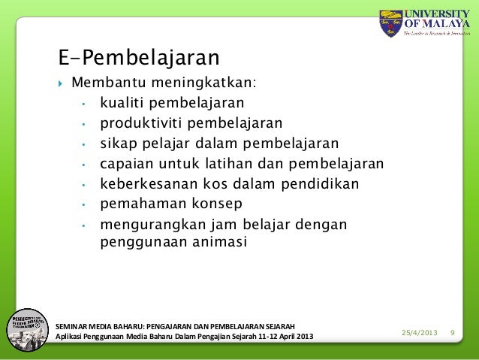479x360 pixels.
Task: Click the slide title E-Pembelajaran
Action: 138,57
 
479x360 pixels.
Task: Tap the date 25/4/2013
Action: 420,332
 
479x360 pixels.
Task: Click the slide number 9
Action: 453,332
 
